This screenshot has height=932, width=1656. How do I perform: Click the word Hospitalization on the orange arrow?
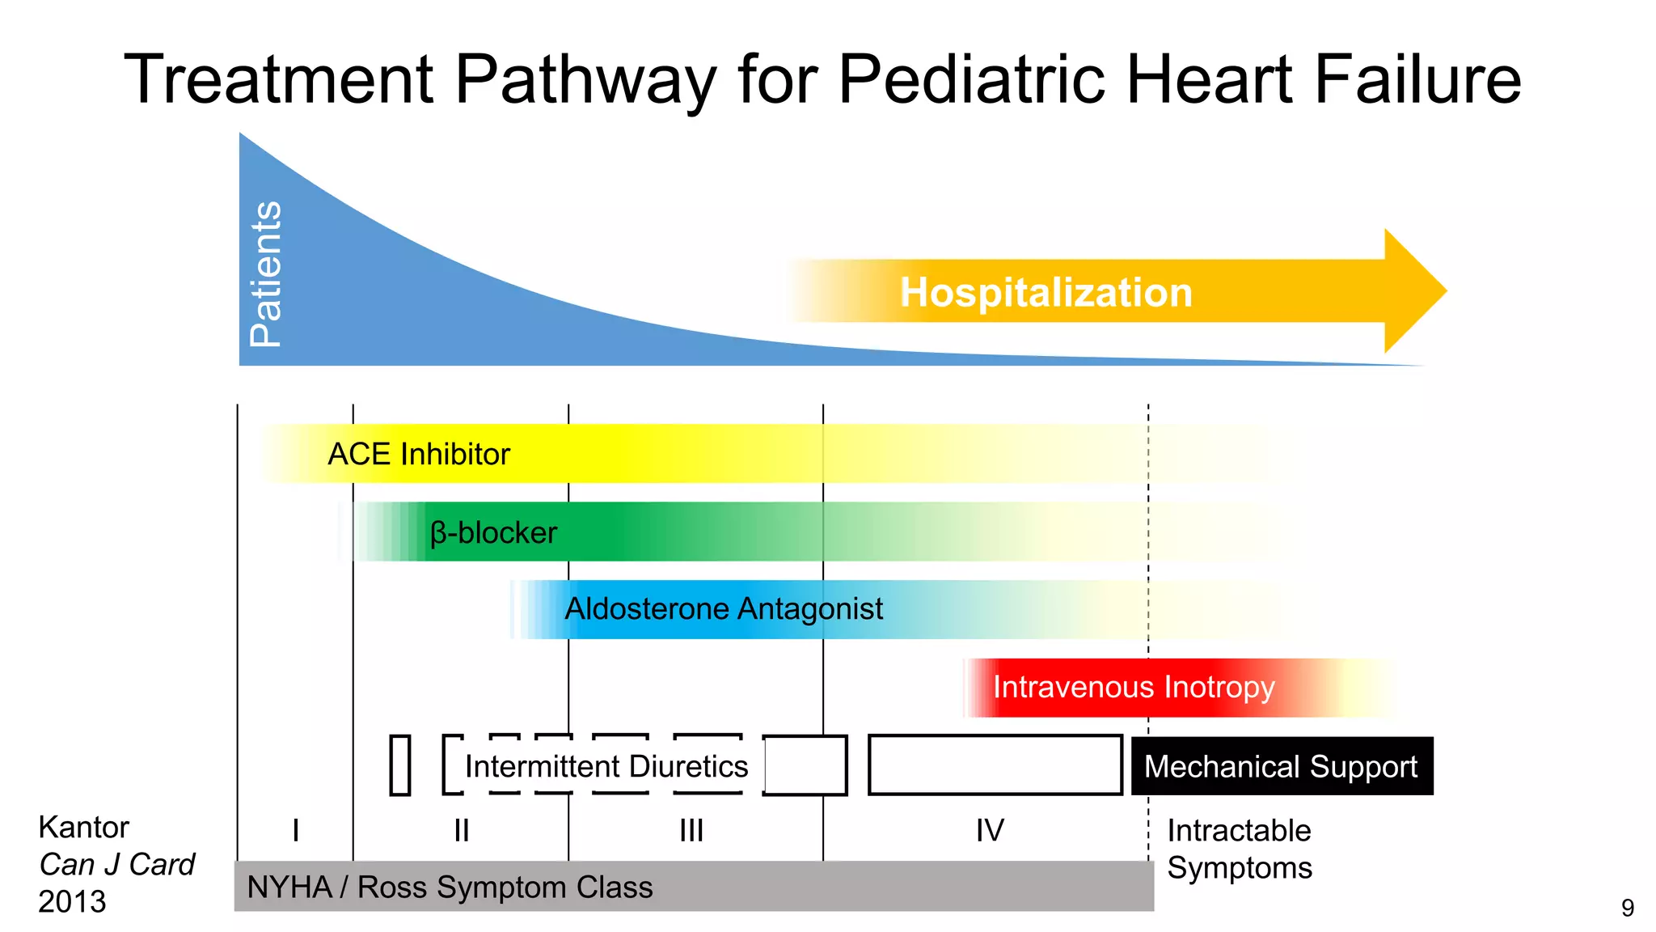pyautogui.click(x=1046, y=293)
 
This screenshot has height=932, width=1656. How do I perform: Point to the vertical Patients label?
pyautogui.click(x=266, y=274)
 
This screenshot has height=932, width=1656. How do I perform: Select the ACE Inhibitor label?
pyautogui.click(x=418, y=455)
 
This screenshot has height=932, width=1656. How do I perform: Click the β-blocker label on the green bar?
pyautogui.click(x=493, y=533)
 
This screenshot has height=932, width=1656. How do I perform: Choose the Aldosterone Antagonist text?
pyautogui.click(x=723, y=609)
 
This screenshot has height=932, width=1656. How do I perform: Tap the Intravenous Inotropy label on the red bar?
pyautogui.click(x=1133, y=688)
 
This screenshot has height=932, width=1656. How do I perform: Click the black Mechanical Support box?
pyautogui.click(x=1282, y=766)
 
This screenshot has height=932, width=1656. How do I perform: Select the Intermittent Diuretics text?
pyautogui.click(x=606, y=766)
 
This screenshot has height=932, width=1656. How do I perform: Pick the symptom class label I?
pyautogui.click(x=296, y=831)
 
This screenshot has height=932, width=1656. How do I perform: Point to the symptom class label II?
pyautogui.click(x=461, y=831)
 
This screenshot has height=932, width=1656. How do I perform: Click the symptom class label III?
pyautogui.click(x=691, y=831)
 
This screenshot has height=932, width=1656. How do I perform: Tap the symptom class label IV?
pyautogui.click(x=990, y=831)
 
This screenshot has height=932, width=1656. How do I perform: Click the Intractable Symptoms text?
pyautogui.click(x=1239, y=849)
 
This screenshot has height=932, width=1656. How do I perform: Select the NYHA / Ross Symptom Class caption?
pyautogui.click(x=450, y=888)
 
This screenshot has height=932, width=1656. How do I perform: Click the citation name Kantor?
pyautogui.click(x=83, y=828)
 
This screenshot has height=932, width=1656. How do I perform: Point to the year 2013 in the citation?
pyautogui.click(x=72, y=902)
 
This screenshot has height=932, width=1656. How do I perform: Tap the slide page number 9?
pyautogui.click(x=1628, y=909)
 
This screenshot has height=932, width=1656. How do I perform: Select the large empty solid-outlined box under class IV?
pyautogui.click(x=995, y=765)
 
